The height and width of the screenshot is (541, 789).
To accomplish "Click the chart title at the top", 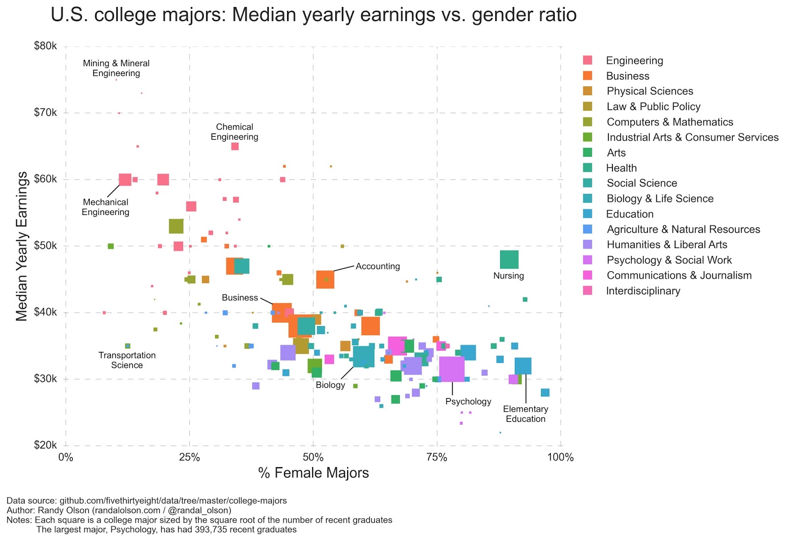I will (314, 15).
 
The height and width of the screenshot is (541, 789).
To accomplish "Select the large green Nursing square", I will (509, 259).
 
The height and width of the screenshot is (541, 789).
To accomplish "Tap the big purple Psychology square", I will (452, 369).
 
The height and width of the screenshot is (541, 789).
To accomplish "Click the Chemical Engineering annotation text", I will (234, 132).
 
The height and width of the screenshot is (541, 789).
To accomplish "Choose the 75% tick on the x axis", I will (436, 457).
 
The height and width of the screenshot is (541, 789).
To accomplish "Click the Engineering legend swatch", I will (588, 60).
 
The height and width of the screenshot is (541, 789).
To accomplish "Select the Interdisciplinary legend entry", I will (643, 291).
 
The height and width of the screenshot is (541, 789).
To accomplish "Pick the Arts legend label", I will (616, 153).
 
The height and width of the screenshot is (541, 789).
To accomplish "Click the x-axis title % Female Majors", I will (313, 473).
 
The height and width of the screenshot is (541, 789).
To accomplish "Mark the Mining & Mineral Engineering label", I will (116, 68).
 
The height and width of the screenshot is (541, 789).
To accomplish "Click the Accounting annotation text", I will (378, 266).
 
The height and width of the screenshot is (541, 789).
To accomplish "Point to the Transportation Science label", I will (127, 360).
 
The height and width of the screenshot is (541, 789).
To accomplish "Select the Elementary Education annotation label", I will (526, 414).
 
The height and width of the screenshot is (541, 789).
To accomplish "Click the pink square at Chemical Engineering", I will (235, 146).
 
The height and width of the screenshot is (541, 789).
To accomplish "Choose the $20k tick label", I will (45, 445).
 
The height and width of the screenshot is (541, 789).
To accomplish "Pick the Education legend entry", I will (630, 214).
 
